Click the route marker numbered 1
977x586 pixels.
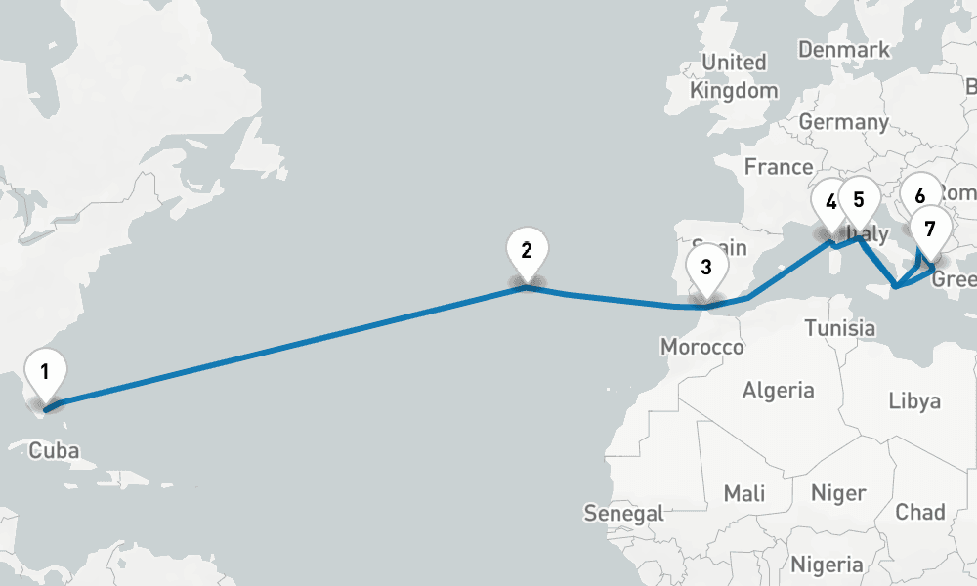point(44,371)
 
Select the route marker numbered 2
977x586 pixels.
point(527,251)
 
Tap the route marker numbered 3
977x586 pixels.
point(706,267)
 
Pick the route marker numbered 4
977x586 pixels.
point(830,203)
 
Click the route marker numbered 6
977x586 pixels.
point(920,195)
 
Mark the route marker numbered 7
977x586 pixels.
point(930,230)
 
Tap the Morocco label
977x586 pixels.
point(701,348)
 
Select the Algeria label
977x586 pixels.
point(779,391)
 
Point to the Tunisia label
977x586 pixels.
point(840,328)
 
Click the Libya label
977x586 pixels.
point(915,400)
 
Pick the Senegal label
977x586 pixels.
point(623,513)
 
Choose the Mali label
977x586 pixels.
point(744,493)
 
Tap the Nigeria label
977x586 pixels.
point(827,565)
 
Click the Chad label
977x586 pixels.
point(920,512)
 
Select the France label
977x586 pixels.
point(779,167)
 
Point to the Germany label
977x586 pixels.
point(843,122)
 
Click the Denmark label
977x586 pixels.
point(844,49)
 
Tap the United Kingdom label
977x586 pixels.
point(735,76)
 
